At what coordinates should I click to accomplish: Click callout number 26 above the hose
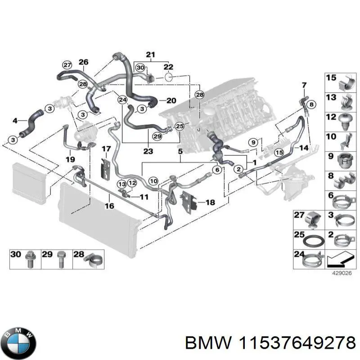(x=83, y=62)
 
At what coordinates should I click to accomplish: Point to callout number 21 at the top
(x=150, y=55)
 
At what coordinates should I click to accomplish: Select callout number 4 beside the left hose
(x=15, y=121)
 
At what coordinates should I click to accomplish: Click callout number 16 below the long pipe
(x=109, y=206)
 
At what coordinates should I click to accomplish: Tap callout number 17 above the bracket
(x=105, y=148)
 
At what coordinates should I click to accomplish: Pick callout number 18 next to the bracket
(x=210, y=202)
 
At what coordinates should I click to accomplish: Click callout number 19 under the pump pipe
(x=70, y=159)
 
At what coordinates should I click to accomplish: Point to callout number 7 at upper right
(x=304, y=85)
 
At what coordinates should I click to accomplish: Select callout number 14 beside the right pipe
(x=305, y=148)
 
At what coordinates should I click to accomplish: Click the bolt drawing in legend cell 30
(x=31, y=260)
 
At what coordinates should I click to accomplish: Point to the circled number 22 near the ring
(x=169, y=67)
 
